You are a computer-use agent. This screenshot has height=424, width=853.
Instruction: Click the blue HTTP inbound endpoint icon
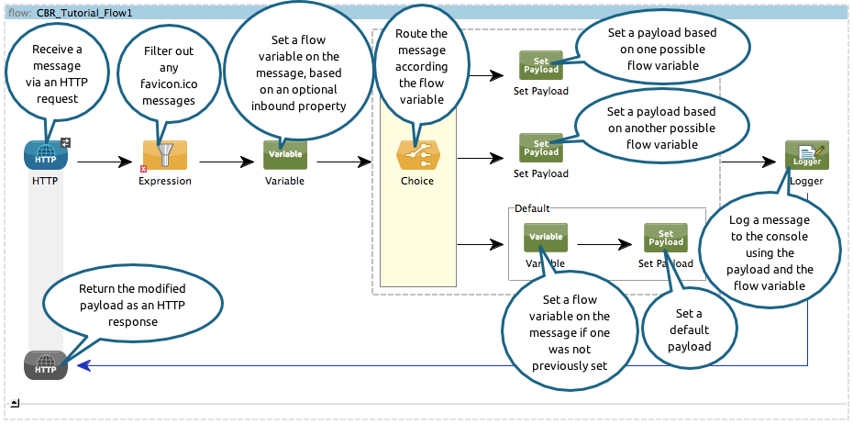[46, 155]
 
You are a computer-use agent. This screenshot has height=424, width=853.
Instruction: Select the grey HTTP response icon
[46, 365]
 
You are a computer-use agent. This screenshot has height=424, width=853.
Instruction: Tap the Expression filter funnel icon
[164, 155]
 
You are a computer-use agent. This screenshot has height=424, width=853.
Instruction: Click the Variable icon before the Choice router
[285, 154]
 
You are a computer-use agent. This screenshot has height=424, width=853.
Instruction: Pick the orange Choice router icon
[417, 155]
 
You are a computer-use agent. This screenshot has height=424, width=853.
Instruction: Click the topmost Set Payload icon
[541, 65]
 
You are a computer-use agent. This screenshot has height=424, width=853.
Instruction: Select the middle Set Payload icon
[541, 148]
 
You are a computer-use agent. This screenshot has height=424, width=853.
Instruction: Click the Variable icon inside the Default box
[546, 238]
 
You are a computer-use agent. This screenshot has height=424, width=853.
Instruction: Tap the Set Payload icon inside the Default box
[666, 238]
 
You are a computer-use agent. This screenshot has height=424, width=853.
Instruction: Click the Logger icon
[807, 155]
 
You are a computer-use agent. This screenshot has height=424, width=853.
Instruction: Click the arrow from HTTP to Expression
[105, 162]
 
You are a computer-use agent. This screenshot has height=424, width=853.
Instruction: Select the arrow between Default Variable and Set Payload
[606, 245]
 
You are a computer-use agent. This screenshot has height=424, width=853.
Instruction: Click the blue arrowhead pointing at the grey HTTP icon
[83, 365]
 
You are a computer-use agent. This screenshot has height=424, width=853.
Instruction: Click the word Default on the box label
[532, 208]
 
